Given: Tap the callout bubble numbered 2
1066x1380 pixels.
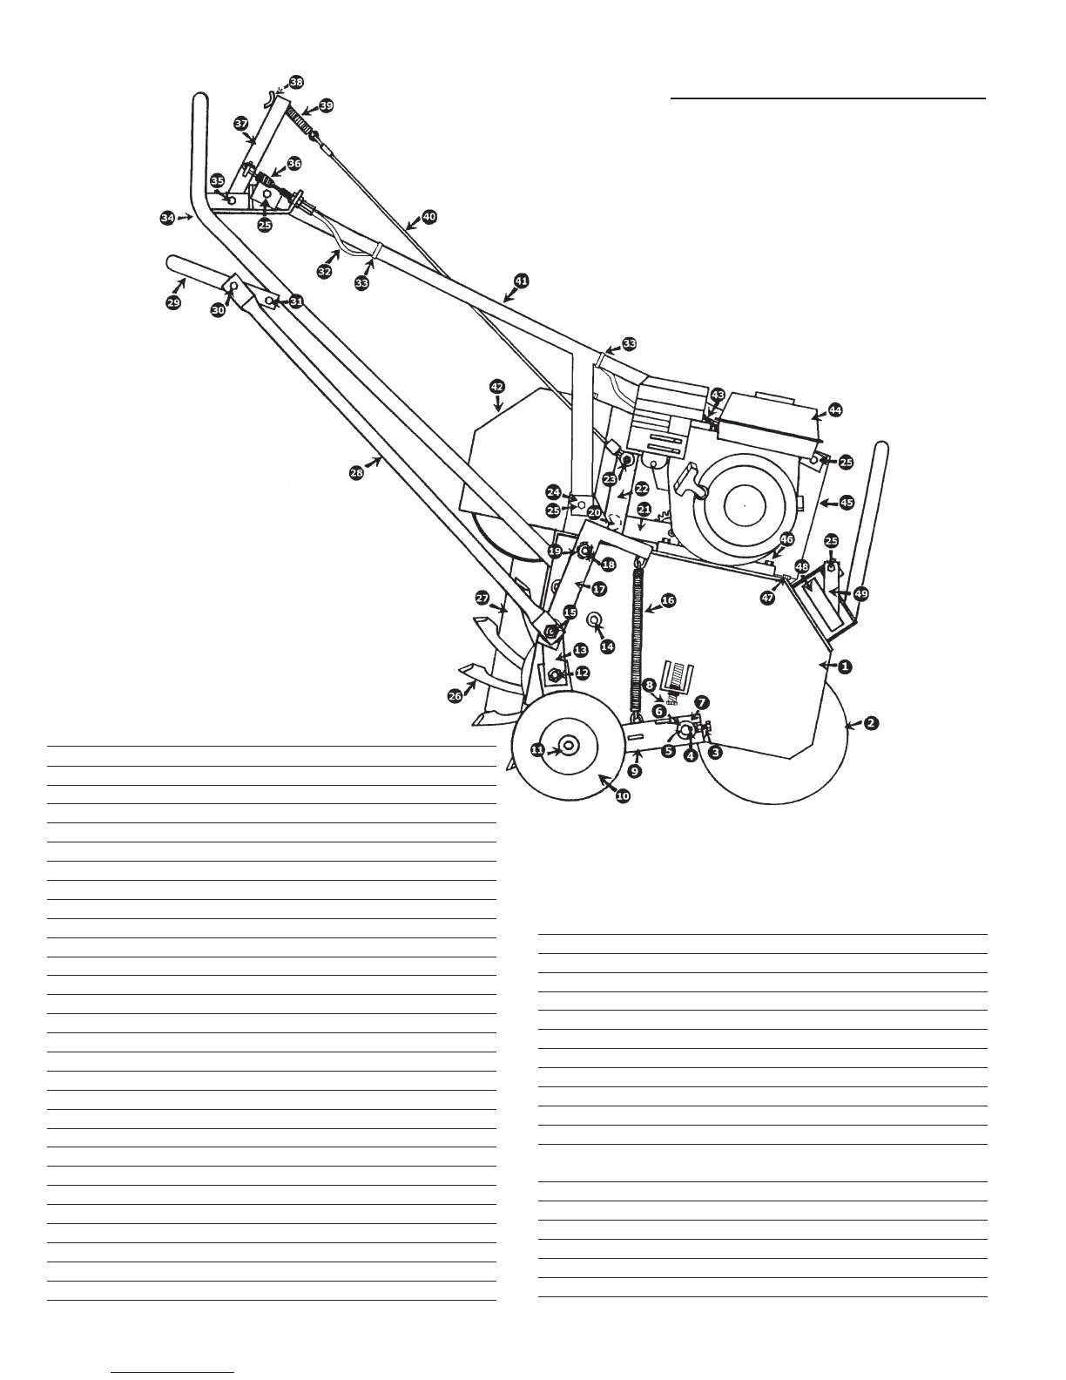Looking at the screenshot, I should [872, 723].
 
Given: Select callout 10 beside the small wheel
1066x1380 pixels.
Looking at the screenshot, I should [623, 796].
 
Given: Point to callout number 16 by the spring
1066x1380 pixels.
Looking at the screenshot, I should [668, 600].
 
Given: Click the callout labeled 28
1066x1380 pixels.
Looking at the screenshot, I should [357, 472].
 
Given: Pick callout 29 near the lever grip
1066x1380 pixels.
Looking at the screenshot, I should [173, 302].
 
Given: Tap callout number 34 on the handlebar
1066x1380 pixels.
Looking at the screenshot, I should [168, 218].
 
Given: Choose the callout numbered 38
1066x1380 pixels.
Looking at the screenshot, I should [297, 82].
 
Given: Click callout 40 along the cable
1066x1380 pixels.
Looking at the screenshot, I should [428, 215].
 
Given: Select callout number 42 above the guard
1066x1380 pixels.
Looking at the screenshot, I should [497, 385].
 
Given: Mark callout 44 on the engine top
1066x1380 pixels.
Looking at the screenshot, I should [835, 409].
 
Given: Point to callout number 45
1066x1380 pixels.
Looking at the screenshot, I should [847, 503].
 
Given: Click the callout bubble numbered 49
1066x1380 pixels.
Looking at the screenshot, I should [860, 593].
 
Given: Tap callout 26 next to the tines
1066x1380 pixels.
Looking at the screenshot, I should [455, 697].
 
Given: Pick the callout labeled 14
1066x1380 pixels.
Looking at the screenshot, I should [608, 646].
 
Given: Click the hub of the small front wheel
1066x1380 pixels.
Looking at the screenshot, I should [570, 747].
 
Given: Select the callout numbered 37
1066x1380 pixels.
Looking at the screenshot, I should [241, 125].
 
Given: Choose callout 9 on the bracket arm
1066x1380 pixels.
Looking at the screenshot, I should [635, 771].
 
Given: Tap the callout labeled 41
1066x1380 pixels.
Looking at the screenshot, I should [521, 281].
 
